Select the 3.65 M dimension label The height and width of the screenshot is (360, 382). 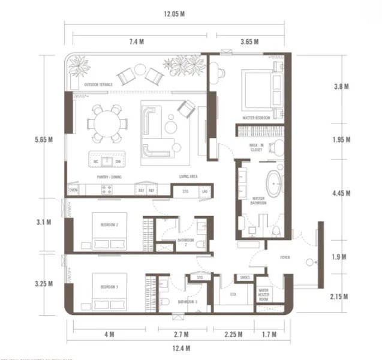pyautogui.click(x=248, y=41)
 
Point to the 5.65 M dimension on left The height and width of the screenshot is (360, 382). pyautogui.click(x=44, y=140)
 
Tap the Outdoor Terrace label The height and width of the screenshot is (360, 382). pyautogui.click(x=99, y=85)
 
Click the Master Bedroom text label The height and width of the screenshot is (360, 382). pyautogui.click(x=257, y=118)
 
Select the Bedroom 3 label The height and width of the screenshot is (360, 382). pyautogui.click(x=109, y=287)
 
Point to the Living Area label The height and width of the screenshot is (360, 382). pyautogui.click(x=189, y=176)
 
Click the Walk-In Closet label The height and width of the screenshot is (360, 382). pyautogui.click(x=257, y=148)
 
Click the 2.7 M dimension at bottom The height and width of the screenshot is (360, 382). pyautogui.click(x=181, y=334)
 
